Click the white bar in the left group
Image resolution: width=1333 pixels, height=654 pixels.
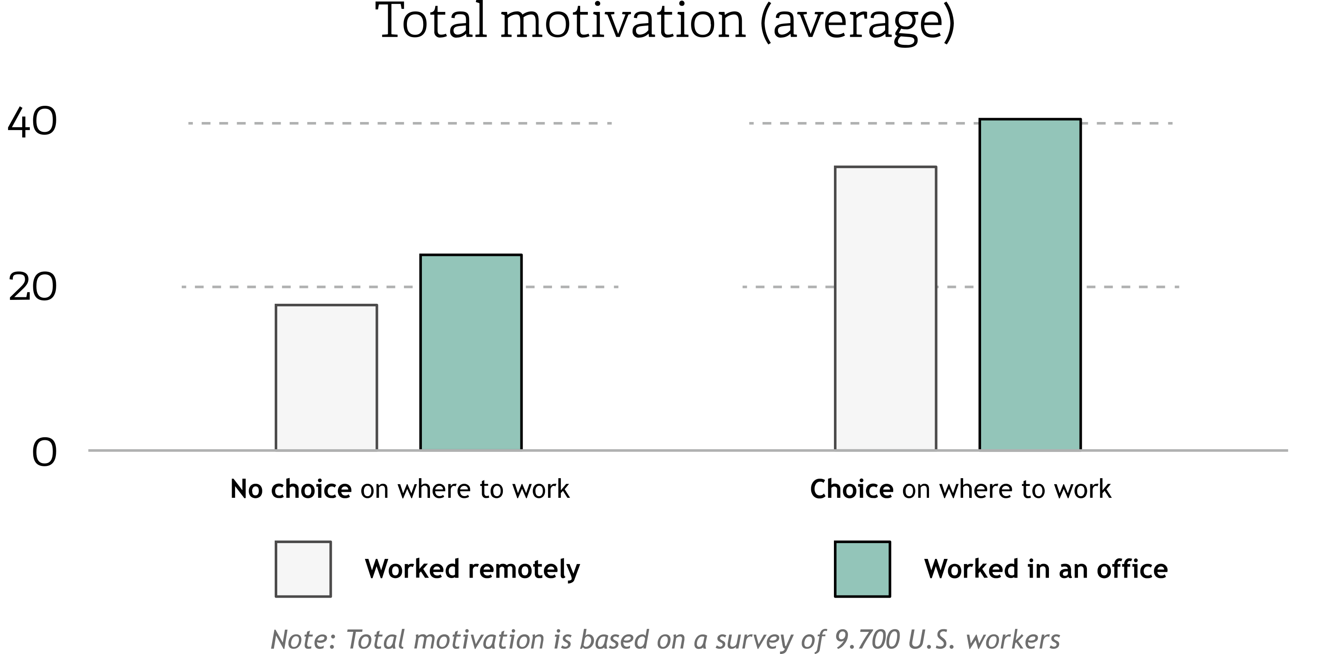click(x=326, y=377)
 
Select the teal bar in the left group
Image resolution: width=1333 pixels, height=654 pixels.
click(x=471, y=353)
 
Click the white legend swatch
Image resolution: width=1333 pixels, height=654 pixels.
click(x=303, y=569)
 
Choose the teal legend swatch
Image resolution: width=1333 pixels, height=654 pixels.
click(x=863, y=569)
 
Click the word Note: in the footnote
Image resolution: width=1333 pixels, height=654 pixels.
click(x=303, y=639)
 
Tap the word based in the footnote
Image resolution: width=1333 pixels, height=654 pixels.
click(x=614, y=639)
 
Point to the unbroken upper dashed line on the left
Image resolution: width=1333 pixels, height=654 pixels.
click(x=400, y=124)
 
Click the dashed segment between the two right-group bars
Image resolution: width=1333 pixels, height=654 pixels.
click(x=959, y=287)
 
